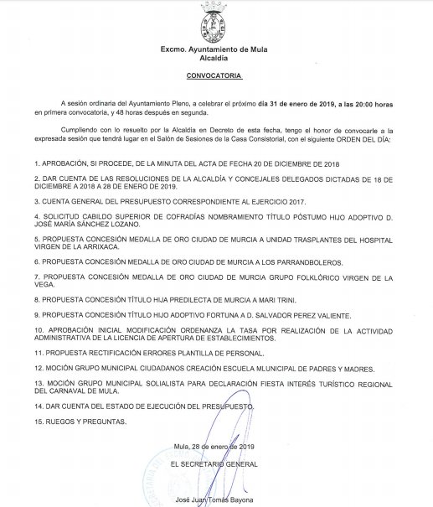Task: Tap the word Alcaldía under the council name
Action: tap(217, 58)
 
